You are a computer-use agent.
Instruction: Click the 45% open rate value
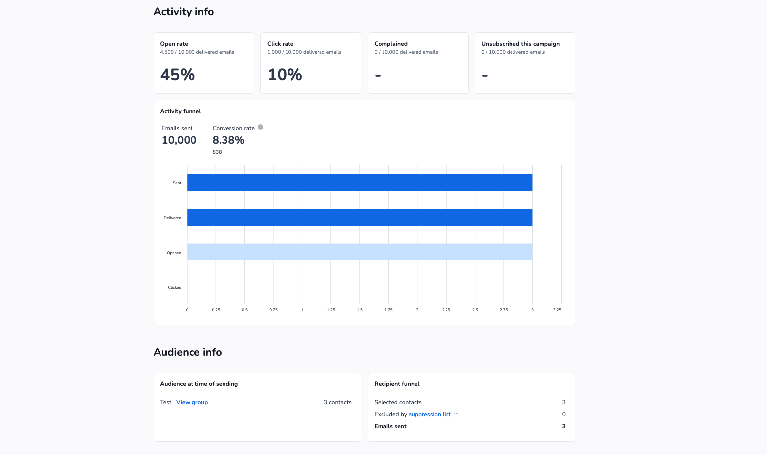(177, 75)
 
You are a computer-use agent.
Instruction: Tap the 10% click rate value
(285, 75)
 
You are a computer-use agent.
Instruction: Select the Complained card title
(391, 44)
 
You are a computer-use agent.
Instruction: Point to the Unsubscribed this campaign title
(520, 44)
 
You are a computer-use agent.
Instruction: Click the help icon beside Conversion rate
(260, 127)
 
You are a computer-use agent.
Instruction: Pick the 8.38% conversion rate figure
(228, 140)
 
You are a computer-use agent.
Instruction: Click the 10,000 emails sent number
(179, 140)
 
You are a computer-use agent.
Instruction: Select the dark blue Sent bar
(359, 182)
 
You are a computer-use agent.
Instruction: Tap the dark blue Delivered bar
(359, 217)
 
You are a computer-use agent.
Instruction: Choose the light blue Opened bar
(359, 252)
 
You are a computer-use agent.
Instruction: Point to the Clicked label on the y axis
(175, 287)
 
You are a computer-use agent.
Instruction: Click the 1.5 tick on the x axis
(360, 310)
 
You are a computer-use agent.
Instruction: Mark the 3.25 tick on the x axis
(557, 310)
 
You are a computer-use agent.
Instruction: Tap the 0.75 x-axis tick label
(273, 310)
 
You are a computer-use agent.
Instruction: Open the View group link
(192, 402)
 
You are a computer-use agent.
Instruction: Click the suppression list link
(430, 414)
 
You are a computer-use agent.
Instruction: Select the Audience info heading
(187, 352)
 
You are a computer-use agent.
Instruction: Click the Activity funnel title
(181, 111)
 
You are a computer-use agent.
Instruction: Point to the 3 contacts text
(337, 402)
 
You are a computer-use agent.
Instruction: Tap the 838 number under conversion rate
(217, 152)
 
